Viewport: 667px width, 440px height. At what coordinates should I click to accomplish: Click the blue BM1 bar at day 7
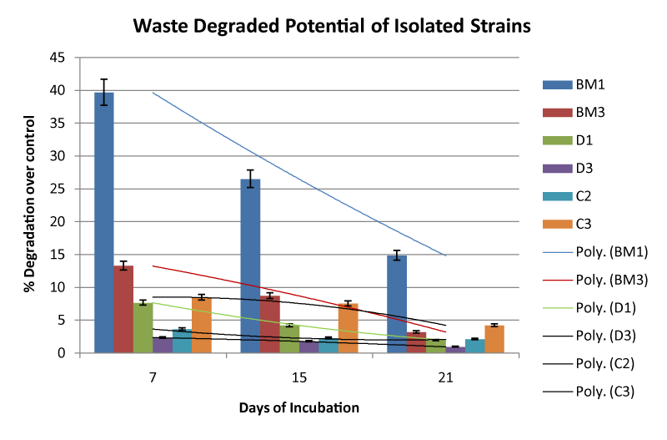(104, 225)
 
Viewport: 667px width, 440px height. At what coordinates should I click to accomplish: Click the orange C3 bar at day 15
(348, 329)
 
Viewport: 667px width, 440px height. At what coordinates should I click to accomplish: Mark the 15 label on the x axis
(299, 378)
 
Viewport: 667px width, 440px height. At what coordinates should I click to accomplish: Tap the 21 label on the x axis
(445, 378)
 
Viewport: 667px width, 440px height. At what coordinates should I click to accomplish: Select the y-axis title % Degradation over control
(29, 205)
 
